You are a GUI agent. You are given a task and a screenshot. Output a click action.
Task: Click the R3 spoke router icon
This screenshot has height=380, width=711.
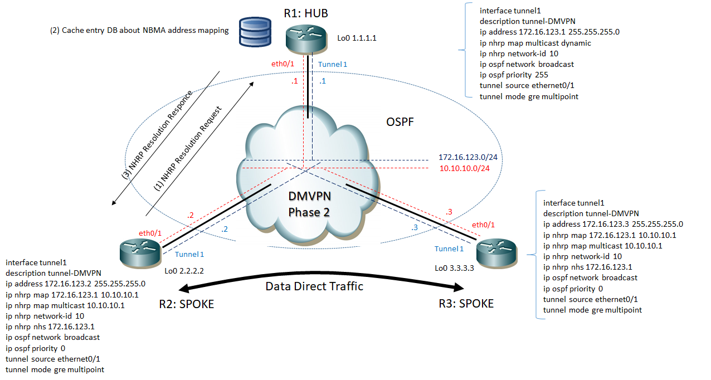(x=496, y=252)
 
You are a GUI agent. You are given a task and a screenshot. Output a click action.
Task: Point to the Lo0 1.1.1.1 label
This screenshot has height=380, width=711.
(x=357, y=38)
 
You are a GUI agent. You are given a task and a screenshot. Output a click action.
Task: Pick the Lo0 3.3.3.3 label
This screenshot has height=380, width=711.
(x=454, y=268)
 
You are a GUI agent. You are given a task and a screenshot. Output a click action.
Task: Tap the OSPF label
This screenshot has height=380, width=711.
(x=400, y=121)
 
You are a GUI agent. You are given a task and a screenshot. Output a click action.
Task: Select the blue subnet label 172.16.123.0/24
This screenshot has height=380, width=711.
(x=468, y=158)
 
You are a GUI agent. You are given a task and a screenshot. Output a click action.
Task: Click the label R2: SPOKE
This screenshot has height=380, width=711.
(x=186, y=304)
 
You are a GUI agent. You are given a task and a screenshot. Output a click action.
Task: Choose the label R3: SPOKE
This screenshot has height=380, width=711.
(x=466, y=304)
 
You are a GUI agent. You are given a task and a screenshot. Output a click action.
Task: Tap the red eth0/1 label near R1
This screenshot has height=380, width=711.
(x=283, y=65)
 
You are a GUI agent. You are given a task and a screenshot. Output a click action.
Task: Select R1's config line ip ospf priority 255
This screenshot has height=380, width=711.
(x=514, y=75)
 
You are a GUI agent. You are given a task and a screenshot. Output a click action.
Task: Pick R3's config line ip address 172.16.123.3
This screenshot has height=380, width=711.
(x=613, y=224)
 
